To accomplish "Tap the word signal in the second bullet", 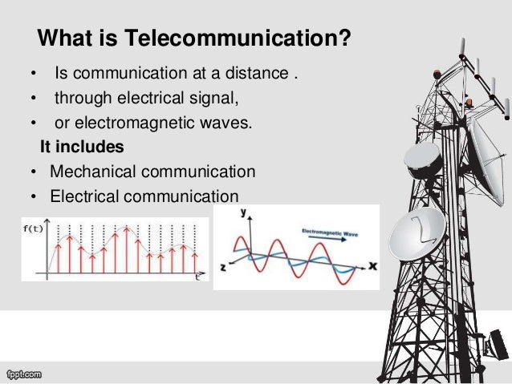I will coord(217,100).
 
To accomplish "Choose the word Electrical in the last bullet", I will coord(83,196).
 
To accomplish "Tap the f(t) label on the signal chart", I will coord(31,228).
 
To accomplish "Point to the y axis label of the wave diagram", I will coord(243,213).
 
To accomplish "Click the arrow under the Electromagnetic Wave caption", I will coord(331,240).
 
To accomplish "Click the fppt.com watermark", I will coord(23,374).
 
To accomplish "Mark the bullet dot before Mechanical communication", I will coord(30,172).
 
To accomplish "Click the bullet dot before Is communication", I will coord(33,77).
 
